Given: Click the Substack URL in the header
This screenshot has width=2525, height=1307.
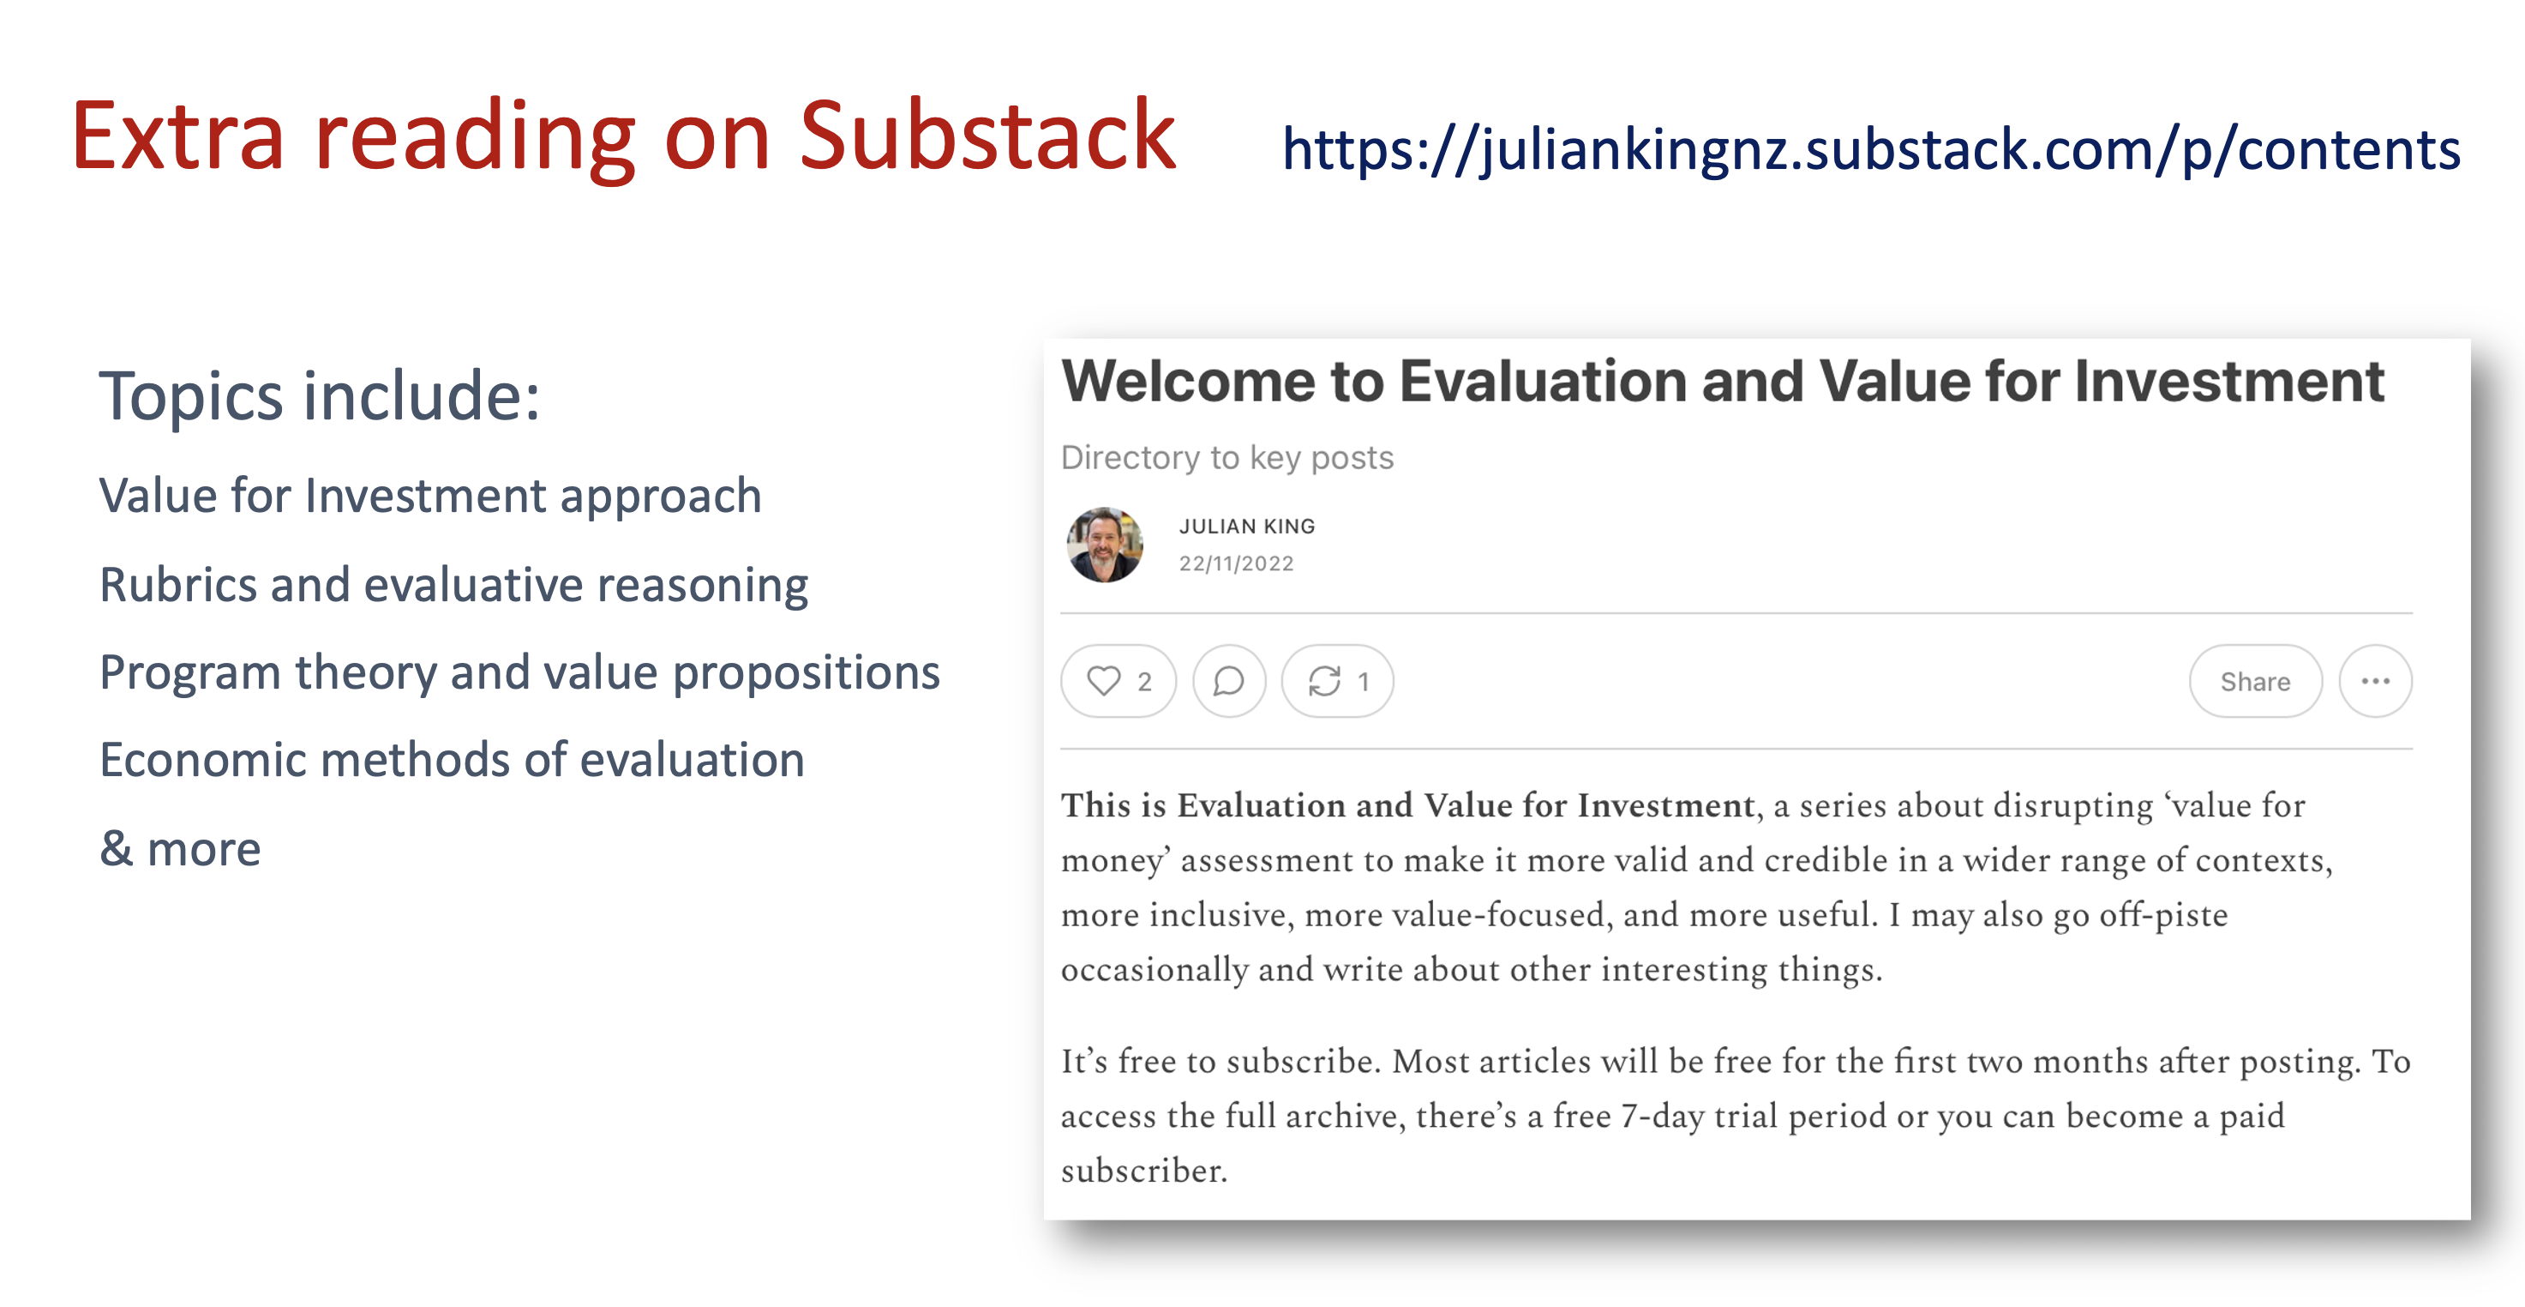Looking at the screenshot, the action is (x=1870, y=150).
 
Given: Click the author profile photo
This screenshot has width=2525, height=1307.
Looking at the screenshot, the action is (x=1105, y=545).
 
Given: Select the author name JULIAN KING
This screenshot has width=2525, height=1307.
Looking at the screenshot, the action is (x=1247, y=527).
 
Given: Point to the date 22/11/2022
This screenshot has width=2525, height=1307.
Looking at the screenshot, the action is (x=1236, y=563).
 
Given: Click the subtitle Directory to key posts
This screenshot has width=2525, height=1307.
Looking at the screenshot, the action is (x=1227, y=458).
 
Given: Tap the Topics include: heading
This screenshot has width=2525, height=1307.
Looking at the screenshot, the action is (x=320, y=396).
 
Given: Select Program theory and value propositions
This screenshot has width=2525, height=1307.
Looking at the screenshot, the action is (x=519, y=673).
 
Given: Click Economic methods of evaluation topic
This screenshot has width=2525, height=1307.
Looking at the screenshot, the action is (x=452, y=760).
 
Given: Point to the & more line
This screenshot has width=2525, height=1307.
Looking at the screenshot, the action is (x=180, y=849).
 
